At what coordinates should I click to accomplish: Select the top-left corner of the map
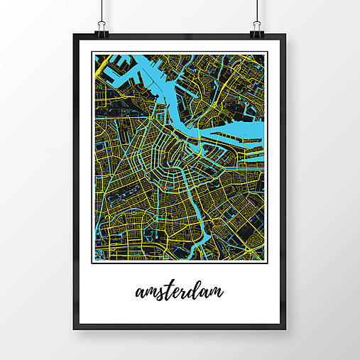pos(94,55)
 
